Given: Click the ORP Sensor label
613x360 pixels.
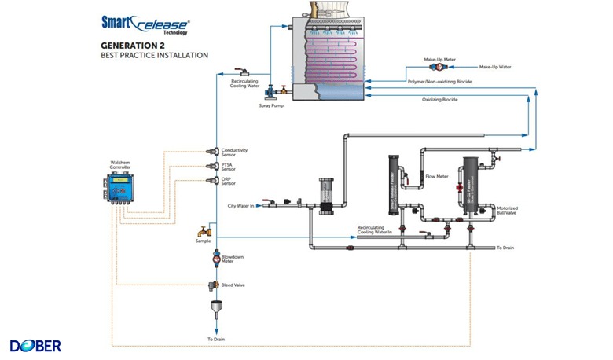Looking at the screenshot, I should pyautogui.click(x=228, y=182).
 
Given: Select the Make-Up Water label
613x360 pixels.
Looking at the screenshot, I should pyautogui.click(x=495, y=67).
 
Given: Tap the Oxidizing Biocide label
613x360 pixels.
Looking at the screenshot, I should pyautogui.click(x=439, y=100).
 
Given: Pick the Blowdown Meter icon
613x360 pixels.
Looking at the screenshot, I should pyautogui.click(x=216, y=256).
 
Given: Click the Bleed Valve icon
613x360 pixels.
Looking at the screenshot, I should pyautogui.click(x=213, y=285).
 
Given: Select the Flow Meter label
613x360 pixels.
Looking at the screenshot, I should pyautogui.click(x=436, y=177).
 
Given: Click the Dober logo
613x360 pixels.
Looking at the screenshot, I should pyautogui.click(x=35, y=345).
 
